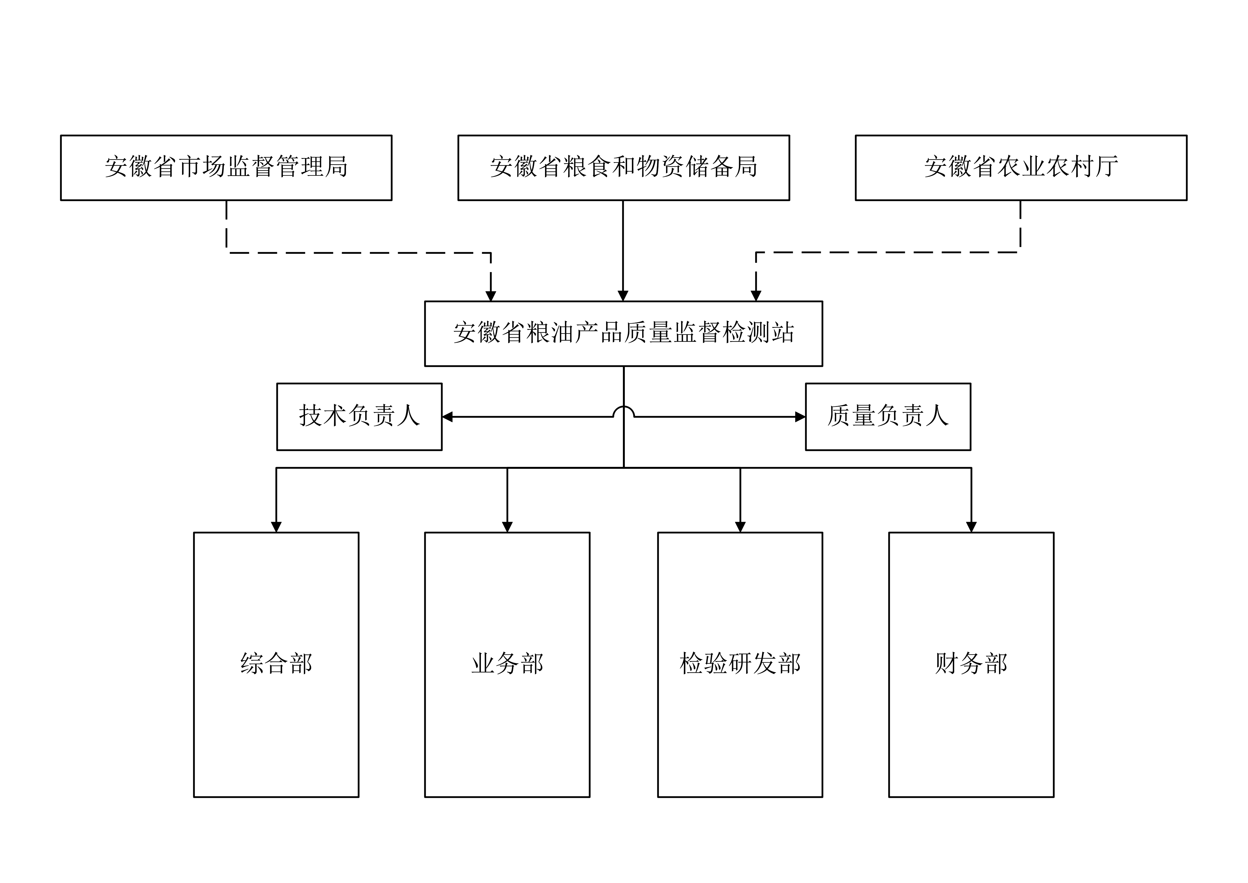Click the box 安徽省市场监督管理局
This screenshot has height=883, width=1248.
point(226,168)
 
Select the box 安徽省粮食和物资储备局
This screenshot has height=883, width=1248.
point(623,168)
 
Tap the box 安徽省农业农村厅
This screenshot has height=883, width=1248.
point(1021,168)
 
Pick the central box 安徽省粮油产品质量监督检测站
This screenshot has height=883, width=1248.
point(623,333)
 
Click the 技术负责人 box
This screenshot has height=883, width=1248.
point(359,416)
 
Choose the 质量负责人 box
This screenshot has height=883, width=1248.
point(888,416)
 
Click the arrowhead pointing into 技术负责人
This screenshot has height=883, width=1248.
point(447,417)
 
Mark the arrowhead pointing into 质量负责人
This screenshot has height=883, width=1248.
point(800,417)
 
